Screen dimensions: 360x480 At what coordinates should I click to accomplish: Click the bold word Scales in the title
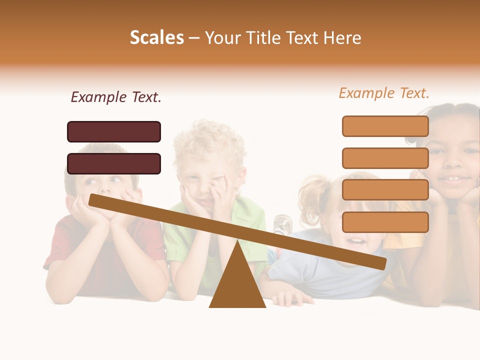[156, 38]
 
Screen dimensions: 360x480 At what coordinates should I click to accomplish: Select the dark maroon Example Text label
[116, 97]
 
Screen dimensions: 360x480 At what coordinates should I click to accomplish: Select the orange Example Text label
[384, 93]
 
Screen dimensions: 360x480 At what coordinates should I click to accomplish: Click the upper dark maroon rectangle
[114, 131]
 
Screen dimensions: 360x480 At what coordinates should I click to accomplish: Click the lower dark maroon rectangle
[114, 163]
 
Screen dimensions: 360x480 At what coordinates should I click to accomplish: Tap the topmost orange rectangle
[385, 126]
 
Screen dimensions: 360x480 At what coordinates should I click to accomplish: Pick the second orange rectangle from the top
[385, 158]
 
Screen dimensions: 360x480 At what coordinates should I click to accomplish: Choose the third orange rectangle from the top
[385, 190]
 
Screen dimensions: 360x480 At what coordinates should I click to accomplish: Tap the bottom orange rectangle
[385, 222]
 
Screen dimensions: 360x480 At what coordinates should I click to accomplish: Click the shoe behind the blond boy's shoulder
[281, 224]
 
